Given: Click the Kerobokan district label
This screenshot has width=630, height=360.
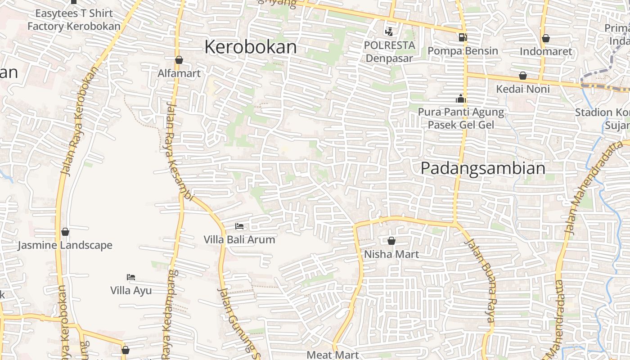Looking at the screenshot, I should [x=251, y=47].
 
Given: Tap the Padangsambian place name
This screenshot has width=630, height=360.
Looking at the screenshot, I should [x=483, y=168].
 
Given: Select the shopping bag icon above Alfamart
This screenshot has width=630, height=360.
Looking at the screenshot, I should [x=179, y=60].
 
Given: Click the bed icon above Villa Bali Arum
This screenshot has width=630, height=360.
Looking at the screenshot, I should [x=239, y=226].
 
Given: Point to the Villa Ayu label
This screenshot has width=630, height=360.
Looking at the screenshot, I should [x=131, y=291].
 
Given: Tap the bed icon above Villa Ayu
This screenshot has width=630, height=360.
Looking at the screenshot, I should [x=131, y=277].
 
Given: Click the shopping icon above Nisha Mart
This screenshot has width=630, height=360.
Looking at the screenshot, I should [x=391, y=241].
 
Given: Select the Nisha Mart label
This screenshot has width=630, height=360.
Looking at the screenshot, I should [x=391, y=254].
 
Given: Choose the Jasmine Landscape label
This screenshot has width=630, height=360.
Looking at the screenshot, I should [x=65, y=245].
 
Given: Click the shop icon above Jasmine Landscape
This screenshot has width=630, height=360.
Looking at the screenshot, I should [x=65, y=232].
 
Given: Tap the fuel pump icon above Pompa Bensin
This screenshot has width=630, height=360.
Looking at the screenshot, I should [x=463, y=37].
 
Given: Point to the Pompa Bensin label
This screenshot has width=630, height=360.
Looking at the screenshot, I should [x=463, y=51].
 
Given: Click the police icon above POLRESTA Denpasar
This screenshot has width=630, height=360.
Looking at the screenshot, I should [x=389, y=31].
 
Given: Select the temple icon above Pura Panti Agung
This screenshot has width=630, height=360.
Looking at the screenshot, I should [x=461, y=99].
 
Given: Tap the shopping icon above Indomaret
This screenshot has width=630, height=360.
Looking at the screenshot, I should [x=546, y=38].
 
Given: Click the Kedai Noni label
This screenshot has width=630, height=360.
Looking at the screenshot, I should [x=523, y=89].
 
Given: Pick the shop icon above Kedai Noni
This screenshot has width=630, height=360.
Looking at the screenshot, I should [x=523, y=76].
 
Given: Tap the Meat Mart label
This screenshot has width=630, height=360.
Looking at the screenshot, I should [x=333, y=355].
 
